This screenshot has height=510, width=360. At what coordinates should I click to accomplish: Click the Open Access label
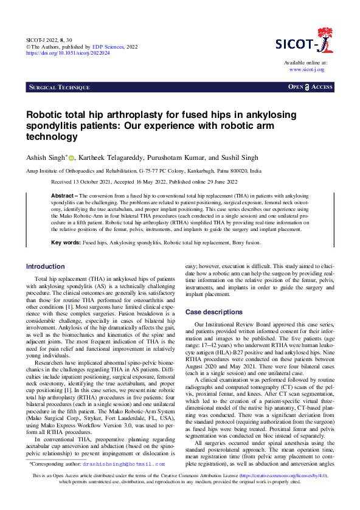point(310,88)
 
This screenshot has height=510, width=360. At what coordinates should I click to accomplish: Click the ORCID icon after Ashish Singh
point(71,157)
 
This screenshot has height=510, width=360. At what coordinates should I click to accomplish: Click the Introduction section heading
point(46,266)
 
